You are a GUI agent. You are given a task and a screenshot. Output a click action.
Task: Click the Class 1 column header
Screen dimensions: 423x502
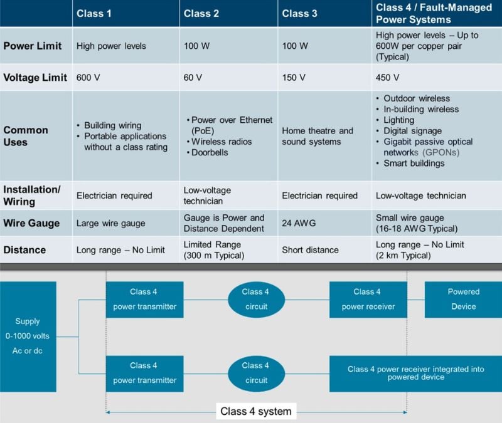pos(94,13)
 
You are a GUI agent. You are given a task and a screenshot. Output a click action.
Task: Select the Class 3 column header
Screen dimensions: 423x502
pos(300,13)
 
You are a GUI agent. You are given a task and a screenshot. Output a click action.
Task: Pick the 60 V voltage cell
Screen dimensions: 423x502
pos(193,78)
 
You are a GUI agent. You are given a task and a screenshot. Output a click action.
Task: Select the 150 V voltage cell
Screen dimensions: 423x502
pos(294,78)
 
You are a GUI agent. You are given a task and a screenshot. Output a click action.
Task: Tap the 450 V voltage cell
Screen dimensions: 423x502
pos(387,78)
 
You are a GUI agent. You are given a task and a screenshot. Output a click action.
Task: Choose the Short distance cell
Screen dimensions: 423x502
pos(310,250)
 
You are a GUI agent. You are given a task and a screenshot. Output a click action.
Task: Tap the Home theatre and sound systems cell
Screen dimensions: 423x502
pos(318,136)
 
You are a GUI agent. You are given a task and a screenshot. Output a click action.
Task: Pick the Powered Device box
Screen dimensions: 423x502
pos(463,299)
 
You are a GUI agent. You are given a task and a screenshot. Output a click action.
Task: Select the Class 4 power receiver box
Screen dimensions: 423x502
pos(367,299)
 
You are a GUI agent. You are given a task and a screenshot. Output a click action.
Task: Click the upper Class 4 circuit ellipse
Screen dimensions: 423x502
pos(255,299)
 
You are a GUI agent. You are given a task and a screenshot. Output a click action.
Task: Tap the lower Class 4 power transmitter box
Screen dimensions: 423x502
pos(144,373)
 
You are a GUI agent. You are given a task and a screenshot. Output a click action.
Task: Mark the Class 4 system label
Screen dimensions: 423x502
pos(255,411)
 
